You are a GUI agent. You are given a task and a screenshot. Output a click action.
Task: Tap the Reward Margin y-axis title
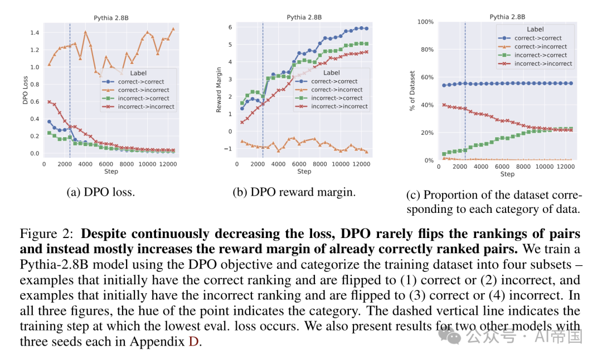(x=219, y=90)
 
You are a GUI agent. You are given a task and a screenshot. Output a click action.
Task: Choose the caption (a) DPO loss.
(x=101, y=192)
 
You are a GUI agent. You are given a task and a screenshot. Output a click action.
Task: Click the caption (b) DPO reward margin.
(x=294, y=192)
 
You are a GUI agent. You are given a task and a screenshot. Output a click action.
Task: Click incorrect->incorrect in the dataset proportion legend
(x=543, y=64)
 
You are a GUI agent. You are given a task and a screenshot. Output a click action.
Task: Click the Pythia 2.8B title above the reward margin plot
(x=304, y=17)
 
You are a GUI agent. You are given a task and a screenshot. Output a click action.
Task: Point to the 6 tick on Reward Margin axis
(x=230, y=27)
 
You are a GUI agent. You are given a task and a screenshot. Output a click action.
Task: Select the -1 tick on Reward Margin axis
(x=228, y=149)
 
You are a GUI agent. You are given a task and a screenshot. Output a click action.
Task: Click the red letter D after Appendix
(x=193, y=341)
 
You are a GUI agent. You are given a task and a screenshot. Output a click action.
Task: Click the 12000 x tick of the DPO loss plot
(x=168, y=164)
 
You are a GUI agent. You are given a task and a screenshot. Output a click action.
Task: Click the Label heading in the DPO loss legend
(x=138, y=72)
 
